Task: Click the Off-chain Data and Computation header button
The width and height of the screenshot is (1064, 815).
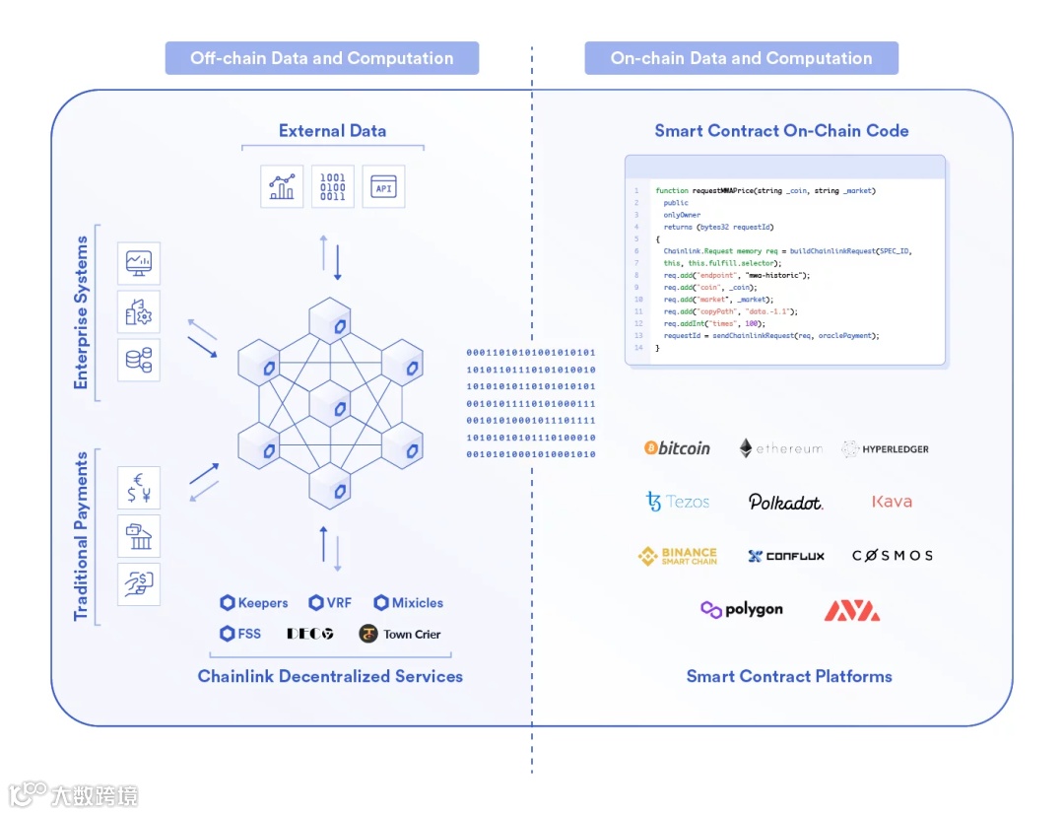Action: click(321, 58)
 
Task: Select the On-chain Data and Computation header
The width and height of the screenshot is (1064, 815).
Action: click(741, 58)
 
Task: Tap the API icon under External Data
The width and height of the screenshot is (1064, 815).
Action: click(383, 186)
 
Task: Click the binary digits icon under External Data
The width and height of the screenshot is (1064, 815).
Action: click(333, 186)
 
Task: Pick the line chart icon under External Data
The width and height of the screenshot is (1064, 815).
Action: click(282, 186)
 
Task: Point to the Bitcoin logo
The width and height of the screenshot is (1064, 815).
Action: click(677, 448)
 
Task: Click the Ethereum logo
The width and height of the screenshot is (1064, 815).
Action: click(780, 448)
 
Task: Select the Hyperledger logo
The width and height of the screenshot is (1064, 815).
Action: click(885, 449)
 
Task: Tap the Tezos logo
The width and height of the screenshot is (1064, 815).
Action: click(677, 502)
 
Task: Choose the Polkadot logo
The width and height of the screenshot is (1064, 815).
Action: click(785, 502)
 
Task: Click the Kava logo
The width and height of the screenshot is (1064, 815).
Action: click(892, 502)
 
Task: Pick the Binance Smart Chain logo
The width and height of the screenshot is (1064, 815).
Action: click(677, 556)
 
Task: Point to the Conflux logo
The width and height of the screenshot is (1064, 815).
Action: click(786, 556)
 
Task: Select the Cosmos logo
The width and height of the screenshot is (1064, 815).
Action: click(893, 556)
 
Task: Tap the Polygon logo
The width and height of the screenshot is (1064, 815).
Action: click(742, 610)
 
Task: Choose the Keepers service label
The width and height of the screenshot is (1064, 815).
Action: click(254, 602)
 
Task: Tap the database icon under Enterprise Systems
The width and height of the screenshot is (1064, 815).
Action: click(138, 360)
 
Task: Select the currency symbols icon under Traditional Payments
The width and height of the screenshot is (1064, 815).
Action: click(138, 487)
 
